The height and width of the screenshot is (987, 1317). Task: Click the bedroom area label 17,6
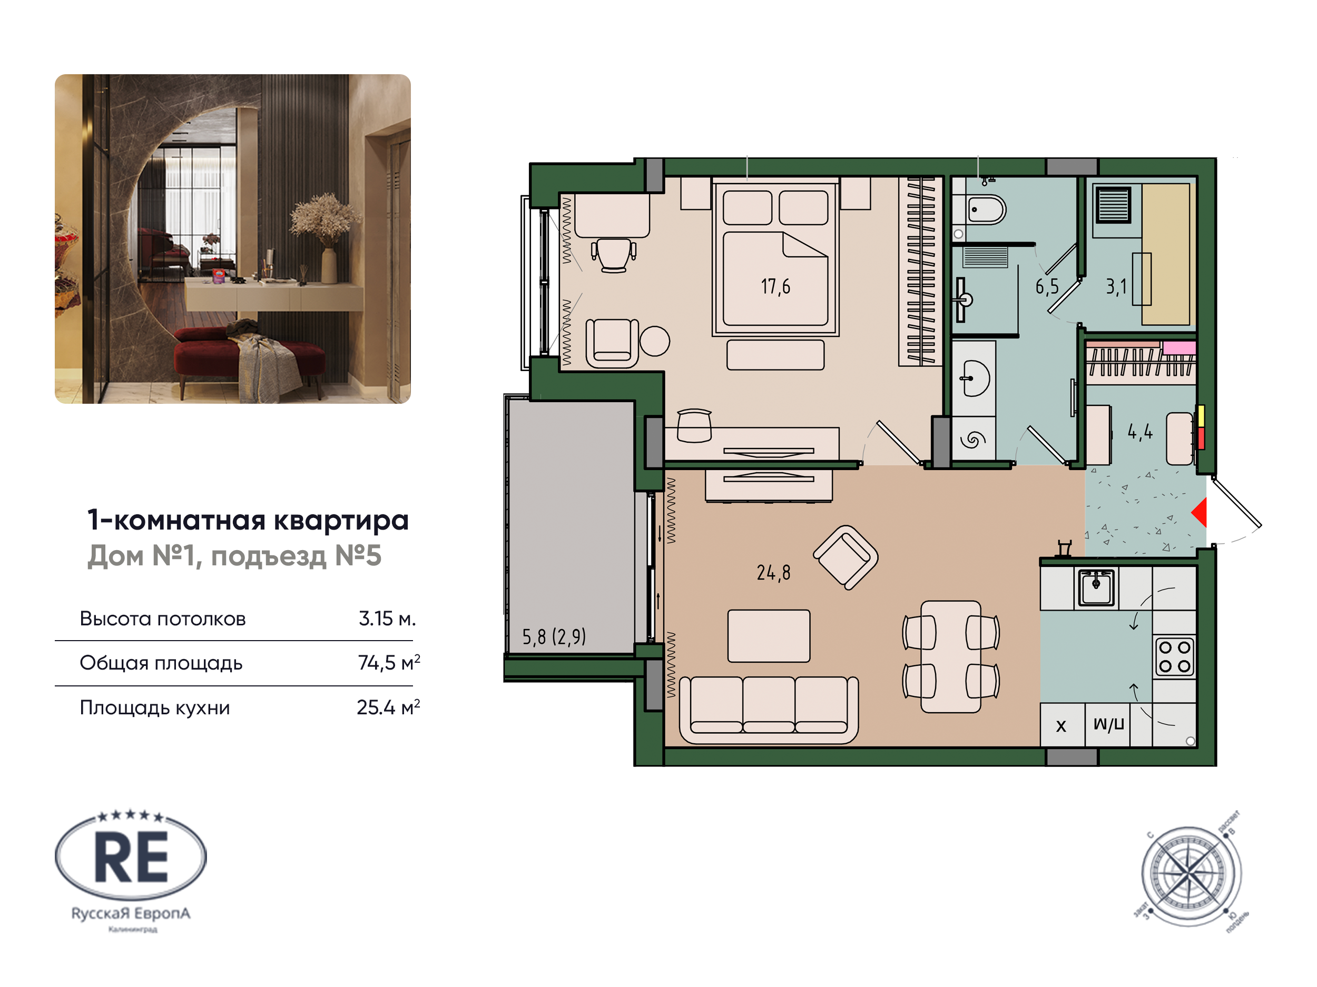(775, 287)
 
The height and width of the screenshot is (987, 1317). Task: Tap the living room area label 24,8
(773, 572)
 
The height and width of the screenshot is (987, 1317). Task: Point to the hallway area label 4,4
(1139, 432)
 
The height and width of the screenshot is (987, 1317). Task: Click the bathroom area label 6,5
(1047, 287)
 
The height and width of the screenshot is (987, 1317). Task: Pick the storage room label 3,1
(1116, 287)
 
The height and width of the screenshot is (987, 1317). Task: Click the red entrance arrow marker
(1200, 512)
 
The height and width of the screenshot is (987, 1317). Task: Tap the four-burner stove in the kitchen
(1174, 657)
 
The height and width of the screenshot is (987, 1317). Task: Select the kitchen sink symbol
(1096, 586)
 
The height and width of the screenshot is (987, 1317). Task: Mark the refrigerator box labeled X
(1061, 726)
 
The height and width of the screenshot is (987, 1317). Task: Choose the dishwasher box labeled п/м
(1108, 724)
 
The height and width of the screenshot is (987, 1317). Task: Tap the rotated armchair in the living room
(846, 557)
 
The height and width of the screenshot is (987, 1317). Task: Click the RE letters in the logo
(132, 858)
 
